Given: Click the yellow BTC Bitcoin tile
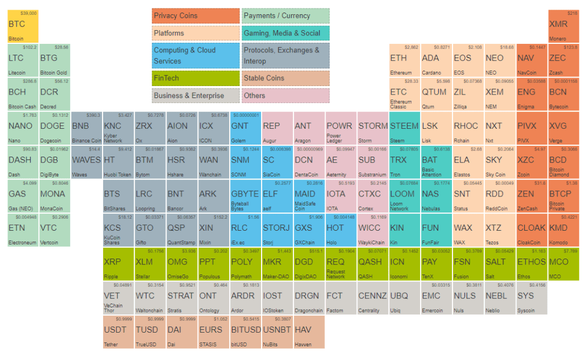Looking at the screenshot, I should (23, 26).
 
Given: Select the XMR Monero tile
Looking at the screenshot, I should (563, 26).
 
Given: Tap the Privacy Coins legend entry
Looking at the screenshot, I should (195, 16).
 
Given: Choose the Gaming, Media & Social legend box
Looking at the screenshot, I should (285, 33).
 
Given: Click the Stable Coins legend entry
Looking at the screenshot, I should (285, 78).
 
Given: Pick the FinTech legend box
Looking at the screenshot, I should (195, 78).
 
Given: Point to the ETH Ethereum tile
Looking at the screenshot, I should (404, 60).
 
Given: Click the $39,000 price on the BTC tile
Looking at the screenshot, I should (28, 13).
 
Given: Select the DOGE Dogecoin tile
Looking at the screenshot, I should (55, 128).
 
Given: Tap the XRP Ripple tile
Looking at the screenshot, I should (119, 264).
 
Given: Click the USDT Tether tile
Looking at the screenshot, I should (119, 332).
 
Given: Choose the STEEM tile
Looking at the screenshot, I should (404, 128).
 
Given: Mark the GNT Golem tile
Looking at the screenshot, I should (245, 128).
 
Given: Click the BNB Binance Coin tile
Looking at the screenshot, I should (87, 128).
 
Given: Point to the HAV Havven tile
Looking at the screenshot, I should (309, 332).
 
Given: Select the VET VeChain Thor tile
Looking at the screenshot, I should (119, 298).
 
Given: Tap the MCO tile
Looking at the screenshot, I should (563, 264).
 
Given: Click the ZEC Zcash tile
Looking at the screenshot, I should (563, 60).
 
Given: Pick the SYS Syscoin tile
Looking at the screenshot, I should (531, 298).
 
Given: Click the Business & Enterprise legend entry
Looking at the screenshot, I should (195, 95).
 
